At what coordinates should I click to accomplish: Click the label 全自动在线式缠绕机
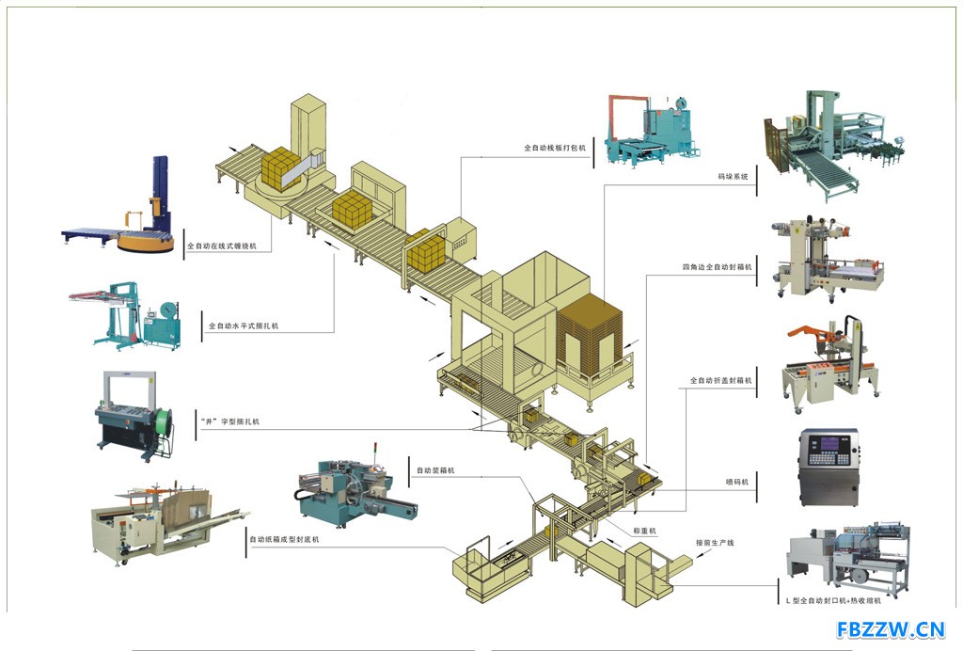(x=222, y=246)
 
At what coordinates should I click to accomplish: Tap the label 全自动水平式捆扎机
(x=244, y=326)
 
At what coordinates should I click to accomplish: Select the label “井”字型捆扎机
(x=230, y=421)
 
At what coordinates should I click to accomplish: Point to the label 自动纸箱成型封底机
(x=284, y=539)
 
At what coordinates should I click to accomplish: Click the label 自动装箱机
(x=435, y=470)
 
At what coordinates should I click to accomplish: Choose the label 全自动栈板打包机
(x=555, y=148)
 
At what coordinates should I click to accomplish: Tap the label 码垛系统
(x=734, y=177)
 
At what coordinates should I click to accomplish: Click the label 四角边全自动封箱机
(x=717, y=267)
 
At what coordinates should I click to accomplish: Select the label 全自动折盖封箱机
(x=721, y=381)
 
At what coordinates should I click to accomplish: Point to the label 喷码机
(x=737, y=483)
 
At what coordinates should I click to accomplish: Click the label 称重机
(x=644, y=531)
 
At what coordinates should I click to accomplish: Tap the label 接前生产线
(x=715, y=543)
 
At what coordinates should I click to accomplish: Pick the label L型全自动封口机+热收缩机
(x=833, y=600)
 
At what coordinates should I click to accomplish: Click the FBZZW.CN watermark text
(x=891, y=629)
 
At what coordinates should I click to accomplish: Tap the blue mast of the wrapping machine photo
(x=161, y=190)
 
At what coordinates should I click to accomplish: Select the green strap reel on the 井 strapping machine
(x=164, y=424)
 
